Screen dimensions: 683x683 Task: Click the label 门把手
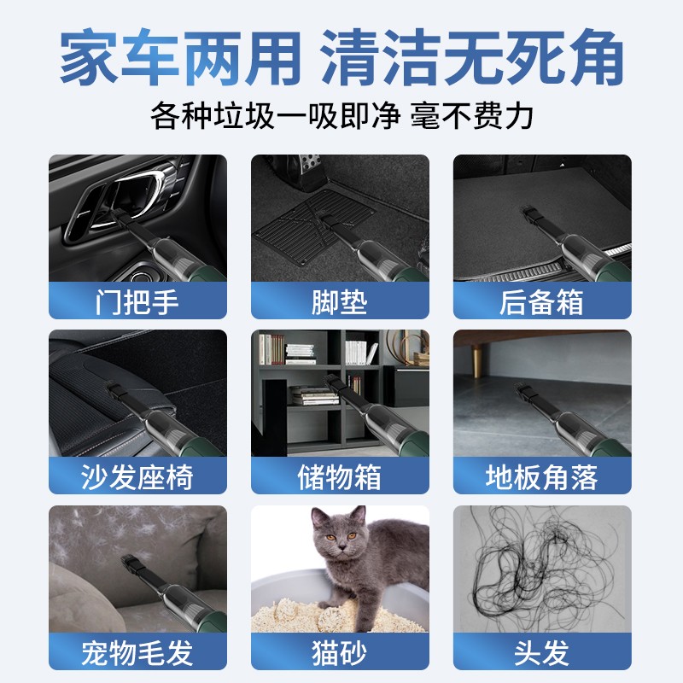[x=137, y=302]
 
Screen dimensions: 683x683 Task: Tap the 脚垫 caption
[x=339, y=302]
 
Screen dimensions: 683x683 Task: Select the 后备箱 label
[x=541, y=302]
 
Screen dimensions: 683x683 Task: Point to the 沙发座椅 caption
[x=137, y=477]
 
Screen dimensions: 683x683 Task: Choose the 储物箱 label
[x=339, y=477]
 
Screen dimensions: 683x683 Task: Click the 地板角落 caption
[x=541, y=477]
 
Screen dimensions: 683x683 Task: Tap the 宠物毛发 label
[x=137, y=652]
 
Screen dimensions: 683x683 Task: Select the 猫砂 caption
[x=339, y=652]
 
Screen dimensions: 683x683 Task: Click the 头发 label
[x=541, y=652]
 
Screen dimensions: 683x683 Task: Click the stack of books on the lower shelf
[x=314, y=395]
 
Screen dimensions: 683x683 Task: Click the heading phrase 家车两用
[x=180, y=56]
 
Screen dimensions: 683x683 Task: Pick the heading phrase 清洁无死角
[x=472, y=56]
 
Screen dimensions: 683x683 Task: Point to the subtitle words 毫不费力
[x=472, y=116]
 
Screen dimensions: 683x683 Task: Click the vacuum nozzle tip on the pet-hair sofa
[x=130, y=561]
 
